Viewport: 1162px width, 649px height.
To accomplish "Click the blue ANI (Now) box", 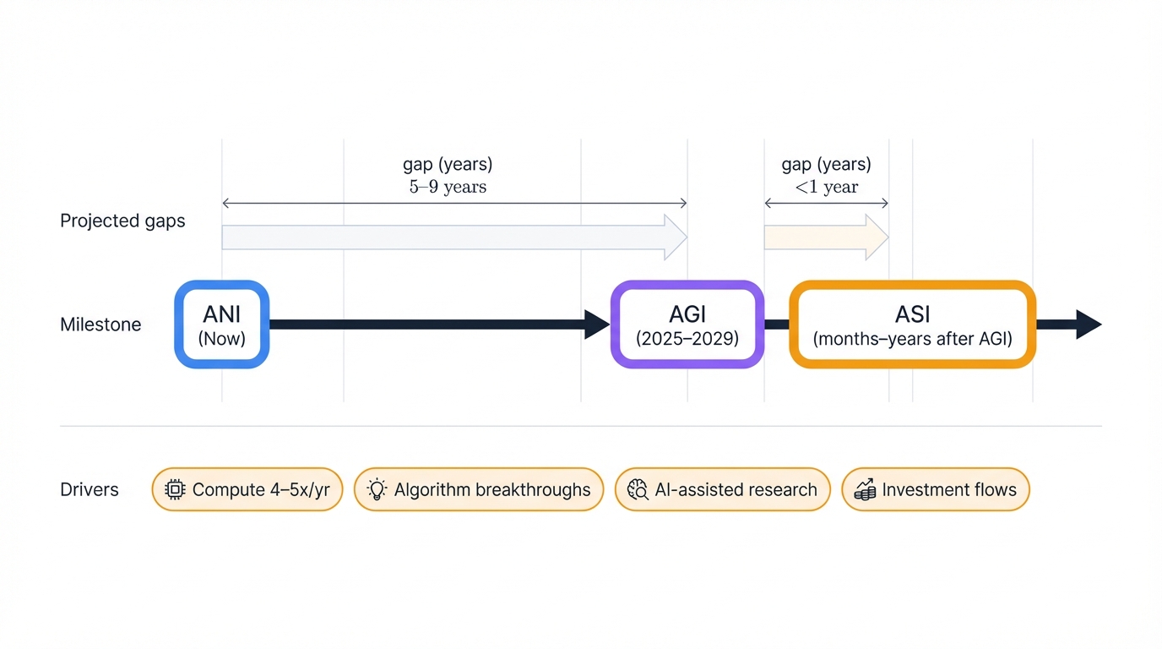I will (x=221, y=324).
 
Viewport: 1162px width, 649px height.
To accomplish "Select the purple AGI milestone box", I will (x=687, y=324).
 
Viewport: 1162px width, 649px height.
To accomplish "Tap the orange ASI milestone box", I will (x=912, y=324).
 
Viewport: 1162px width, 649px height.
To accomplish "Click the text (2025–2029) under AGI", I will (x=687, y=340).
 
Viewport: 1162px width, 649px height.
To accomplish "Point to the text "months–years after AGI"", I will (x=912, y=340).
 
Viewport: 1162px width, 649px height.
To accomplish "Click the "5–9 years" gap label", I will (x=448, y=187).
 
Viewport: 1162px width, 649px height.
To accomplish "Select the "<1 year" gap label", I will (x=826, y=187).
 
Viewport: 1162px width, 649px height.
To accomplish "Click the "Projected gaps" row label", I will (x=122, y=221).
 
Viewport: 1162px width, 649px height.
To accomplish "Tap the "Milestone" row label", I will (x=100, y=324).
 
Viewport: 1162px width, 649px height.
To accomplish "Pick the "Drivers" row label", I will (x=90, y=490).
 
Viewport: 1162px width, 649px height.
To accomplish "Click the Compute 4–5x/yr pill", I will (x=247, y=490).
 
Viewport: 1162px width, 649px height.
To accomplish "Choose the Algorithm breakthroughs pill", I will (x=478, y=490).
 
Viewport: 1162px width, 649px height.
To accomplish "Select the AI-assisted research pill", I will (x=722, y=490).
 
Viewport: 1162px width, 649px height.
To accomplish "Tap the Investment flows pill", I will (x=935, y=490).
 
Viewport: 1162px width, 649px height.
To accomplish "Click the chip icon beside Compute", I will (x=175, y=490).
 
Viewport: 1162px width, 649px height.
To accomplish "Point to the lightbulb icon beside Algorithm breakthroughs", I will (x=377, y=490).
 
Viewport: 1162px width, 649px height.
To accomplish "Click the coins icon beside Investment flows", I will (x=864, y=490).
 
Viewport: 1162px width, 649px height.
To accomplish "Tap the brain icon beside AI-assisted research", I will (x=638, y=490).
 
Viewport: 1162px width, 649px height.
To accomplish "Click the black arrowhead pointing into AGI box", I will (x=596, y=324).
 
